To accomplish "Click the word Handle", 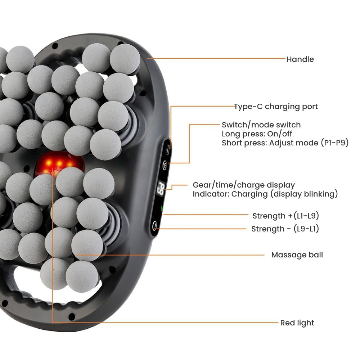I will coord(300,59).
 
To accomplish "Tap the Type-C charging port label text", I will coord(276,107).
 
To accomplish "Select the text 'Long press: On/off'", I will coord(257,134).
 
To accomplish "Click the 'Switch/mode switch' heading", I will coord(261,125).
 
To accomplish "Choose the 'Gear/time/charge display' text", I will coord(244,185).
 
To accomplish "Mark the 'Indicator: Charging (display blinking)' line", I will coord(265,194).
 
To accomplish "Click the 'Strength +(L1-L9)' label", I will coord(285,216).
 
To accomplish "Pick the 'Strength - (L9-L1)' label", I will coord(285,229).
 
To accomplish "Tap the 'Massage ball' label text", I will coord(297,255).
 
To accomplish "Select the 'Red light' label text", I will coord(297,323).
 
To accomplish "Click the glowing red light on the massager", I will coord(58,164).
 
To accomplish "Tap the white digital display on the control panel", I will coord(161,188).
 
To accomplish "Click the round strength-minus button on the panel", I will coord(155,226).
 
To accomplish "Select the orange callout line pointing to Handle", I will coord(216,58).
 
